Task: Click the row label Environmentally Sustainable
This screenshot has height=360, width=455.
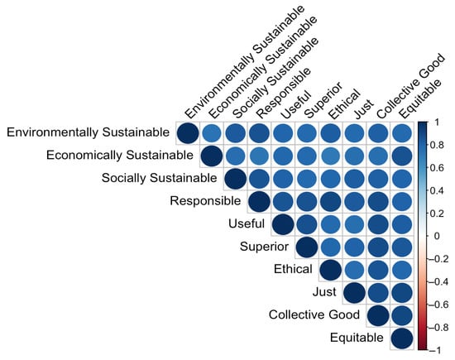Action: coord(89,132)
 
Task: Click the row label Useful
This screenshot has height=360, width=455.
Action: coord(247,223)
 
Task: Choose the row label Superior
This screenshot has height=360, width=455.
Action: coord(265,247)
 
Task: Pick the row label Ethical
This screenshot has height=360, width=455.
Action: coord(292,269)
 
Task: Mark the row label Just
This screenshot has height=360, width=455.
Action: coord(324,292)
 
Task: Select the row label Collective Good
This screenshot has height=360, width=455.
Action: coord(314,315)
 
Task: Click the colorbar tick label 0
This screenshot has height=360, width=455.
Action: coord(439,235)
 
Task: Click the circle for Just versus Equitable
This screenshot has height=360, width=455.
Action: coord(401,292)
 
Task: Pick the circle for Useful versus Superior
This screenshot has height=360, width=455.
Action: coord(306,224)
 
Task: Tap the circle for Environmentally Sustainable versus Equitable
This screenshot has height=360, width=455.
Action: coord(401,132)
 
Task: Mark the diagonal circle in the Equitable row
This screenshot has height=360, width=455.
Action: coord(401,338)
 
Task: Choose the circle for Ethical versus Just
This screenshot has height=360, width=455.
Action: coord(354,270)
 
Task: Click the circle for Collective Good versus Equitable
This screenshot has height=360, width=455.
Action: coord(401,315)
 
